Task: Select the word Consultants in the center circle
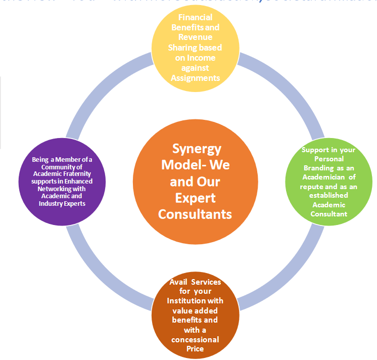click(x=195, y=214)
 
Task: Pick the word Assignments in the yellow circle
click(x=196, y=77)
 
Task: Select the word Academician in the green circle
click(x=323, y=177)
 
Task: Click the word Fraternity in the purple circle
click(x=77, y=174)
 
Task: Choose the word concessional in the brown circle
click(x=195, y=339)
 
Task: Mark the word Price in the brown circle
click(x=195, y=349)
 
